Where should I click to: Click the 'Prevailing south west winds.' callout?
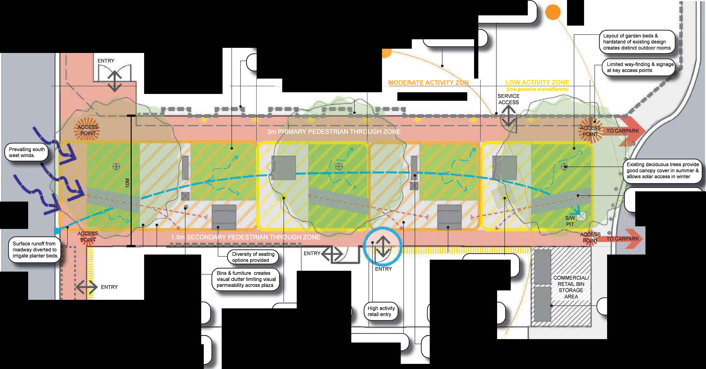(x=27, y=152)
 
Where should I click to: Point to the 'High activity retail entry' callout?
(x=381, y=311)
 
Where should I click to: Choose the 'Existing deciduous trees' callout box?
(x=662, y=171)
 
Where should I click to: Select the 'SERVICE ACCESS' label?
(x=508, y=99)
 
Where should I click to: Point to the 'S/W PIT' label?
(x=570, y=221)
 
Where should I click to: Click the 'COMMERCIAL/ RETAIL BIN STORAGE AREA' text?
(x=571, y=287)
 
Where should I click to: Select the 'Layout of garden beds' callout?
(x=636, y=42)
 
